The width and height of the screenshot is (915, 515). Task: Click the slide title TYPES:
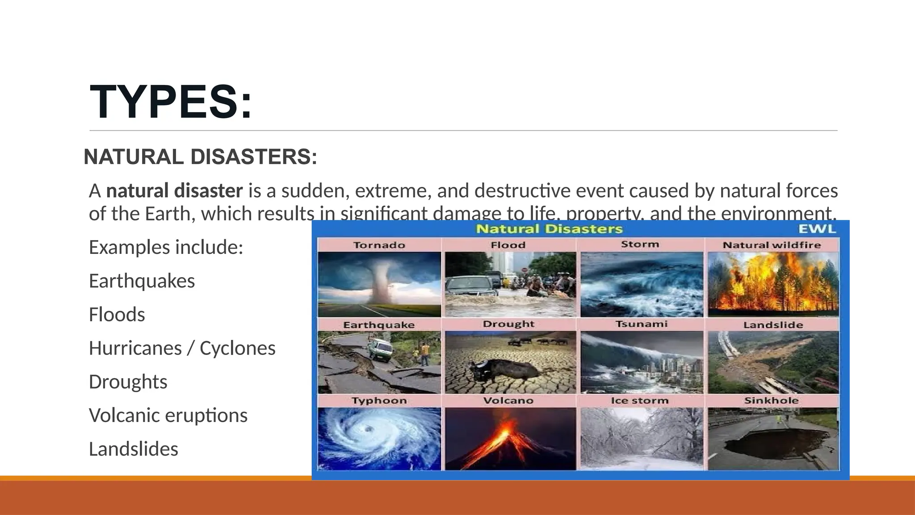point(171,102)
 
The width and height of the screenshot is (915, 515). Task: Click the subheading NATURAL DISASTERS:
point(200,157)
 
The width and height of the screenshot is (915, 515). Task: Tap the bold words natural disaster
point(174,191)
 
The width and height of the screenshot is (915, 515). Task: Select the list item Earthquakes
point(142,281)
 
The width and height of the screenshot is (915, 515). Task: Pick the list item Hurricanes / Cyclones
point(182,348)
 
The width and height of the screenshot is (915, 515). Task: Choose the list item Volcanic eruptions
point(168,415)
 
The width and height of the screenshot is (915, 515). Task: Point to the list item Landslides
point(133,449)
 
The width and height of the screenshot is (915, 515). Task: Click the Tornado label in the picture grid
point(379,245)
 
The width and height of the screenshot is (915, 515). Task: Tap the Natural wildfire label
point(772,245)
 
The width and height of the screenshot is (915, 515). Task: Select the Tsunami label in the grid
point(641,324)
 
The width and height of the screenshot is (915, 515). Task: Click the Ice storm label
point(640,401)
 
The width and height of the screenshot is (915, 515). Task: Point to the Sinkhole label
point(771,401)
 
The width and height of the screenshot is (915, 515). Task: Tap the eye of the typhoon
point(368,429)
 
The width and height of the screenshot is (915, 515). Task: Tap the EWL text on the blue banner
point(817,229)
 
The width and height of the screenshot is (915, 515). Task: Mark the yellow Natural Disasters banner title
point(549,229)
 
